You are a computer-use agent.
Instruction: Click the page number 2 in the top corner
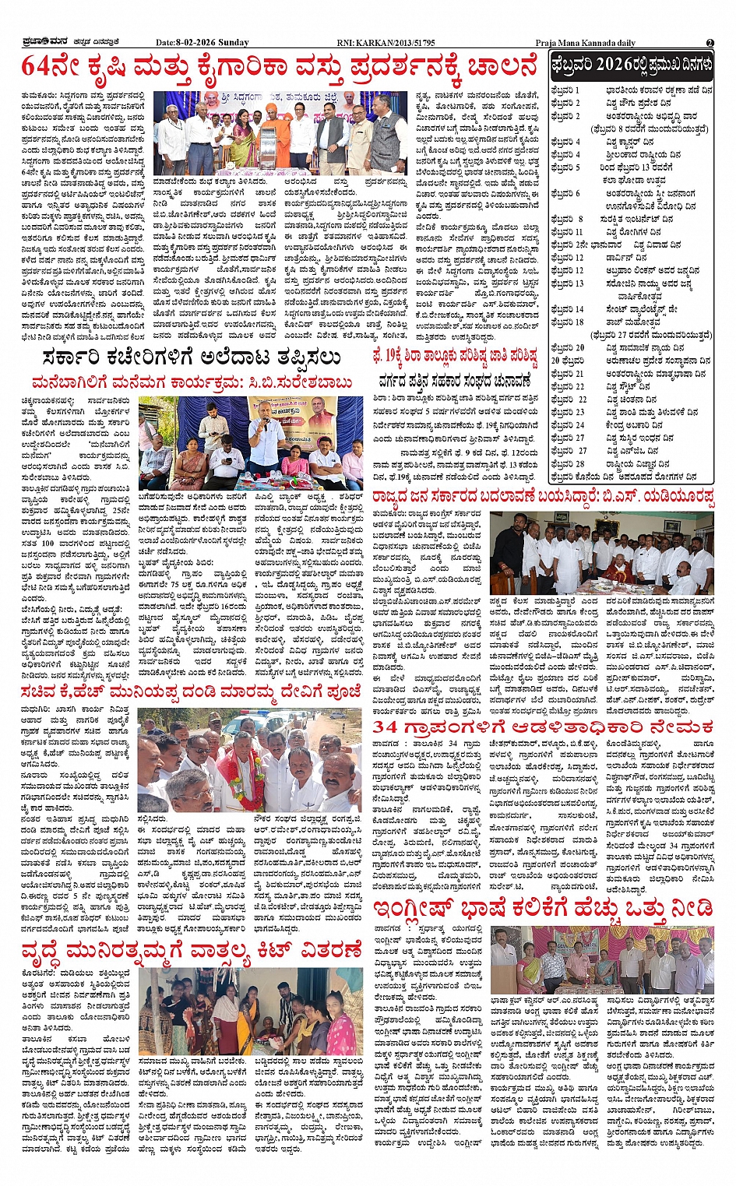click(x=710, y=42)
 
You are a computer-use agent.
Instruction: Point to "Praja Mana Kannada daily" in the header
click(x=585, y=42)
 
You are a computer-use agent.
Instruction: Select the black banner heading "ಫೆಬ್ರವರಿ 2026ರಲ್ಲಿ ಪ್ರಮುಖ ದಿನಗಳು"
click(x=631, y=64)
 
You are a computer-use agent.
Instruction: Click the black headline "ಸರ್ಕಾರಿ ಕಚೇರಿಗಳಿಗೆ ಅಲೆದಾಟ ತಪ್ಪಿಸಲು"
click(x=192, y=358)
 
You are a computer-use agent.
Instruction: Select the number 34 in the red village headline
click(x=385, y=728)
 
